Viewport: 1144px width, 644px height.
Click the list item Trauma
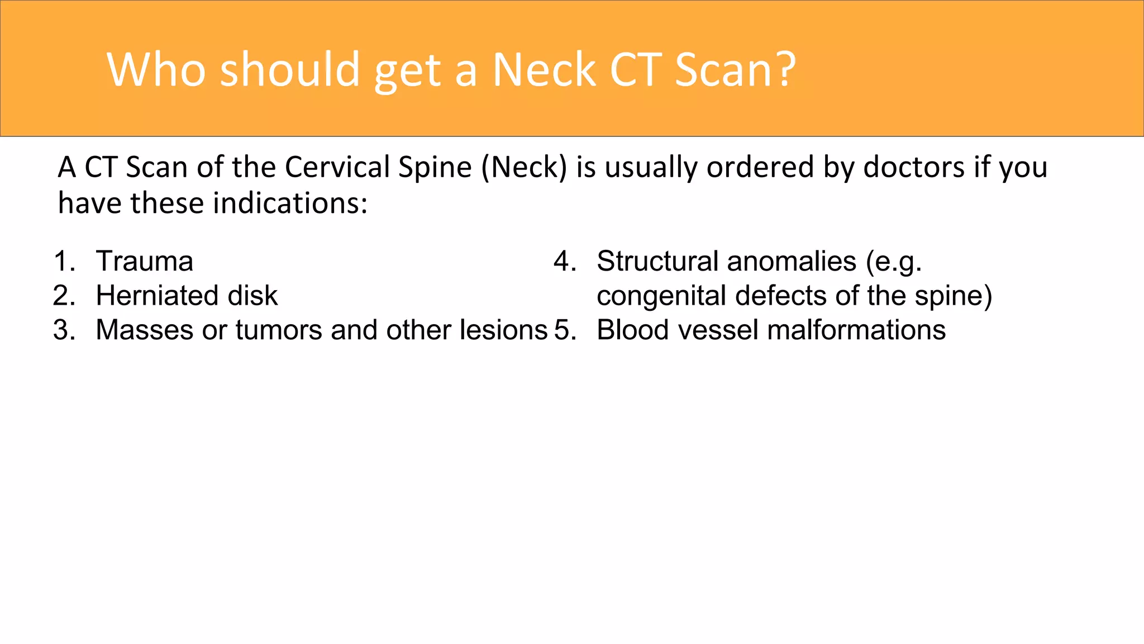(x=145, y=262)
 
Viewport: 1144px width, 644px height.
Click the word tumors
(x=279, y=330)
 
